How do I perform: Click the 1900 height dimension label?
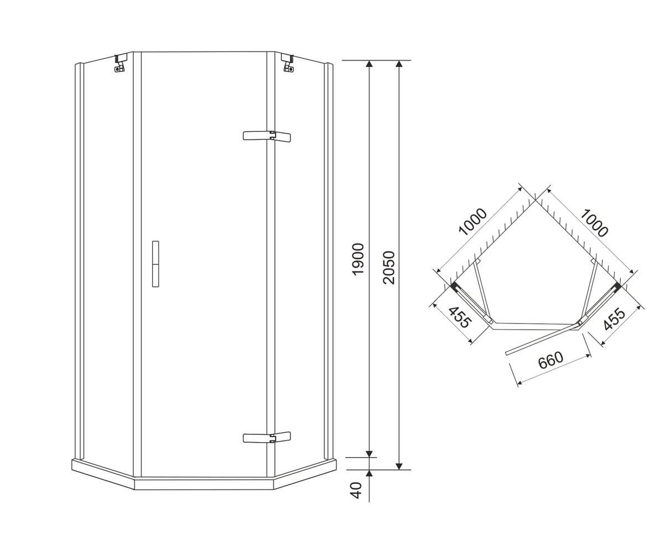click(x=359, y=259)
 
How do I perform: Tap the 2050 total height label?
click(x=389, y=268)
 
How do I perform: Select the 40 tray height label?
click(x=357, y=490)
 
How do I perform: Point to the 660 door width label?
click(x=551, y=360)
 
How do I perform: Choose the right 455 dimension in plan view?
click(x=614, y=319)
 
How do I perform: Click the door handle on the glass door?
click(x=155, y=264)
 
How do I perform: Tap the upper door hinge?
click(x=267, y=136)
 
